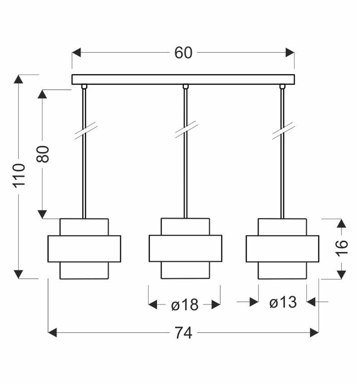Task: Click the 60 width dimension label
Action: [183, 53]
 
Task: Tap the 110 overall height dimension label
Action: [19, 175]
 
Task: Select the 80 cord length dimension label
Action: [43, 154]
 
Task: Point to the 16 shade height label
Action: [342, 247]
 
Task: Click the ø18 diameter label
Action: [185, 305]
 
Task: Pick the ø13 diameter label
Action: [282, 302]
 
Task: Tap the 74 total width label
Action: [183, 333]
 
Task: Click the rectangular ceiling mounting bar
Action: [183, 79]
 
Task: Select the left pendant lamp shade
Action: [84, 249]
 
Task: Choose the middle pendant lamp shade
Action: [185, 249]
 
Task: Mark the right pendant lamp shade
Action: [282, 249]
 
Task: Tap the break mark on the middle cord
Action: [186, 130]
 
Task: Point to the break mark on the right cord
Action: [283, 131]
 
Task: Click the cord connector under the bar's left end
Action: [84, 87]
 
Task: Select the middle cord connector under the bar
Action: [185, 87]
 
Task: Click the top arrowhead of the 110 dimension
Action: [19, 80]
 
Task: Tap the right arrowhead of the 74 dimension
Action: [314, 333]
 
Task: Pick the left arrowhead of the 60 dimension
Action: [77, 53]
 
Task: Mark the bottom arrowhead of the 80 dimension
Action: [43, 214]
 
